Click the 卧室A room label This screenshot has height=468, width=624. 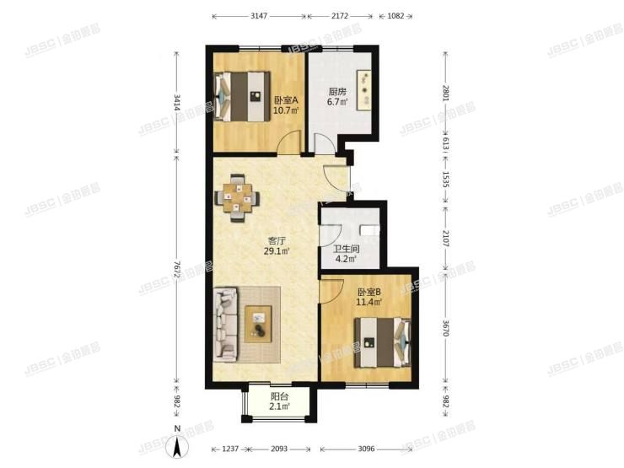(x=283, y=100)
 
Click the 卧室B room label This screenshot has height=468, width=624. (x=368, y=293)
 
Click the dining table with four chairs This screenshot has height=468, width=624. (x=239, y=197)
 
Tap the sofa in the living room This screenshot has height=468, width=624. (x=227, y=322)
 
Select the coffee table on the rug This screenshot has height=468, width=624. (x=259, y=323)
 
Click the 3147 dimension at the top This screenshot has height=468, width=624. (x=260, y=16)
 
